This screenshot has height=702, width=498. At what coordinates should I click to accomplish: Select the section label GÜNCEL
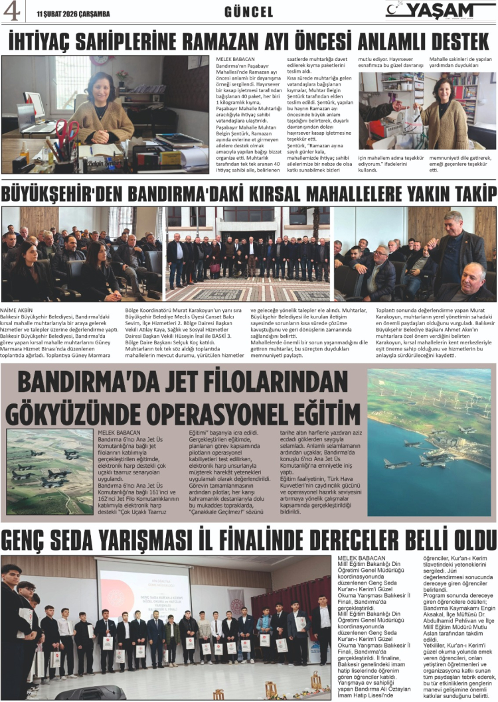tap(249, 12)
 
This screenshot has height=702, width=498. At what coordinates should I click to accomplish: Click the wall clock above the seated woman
tap(102, 60)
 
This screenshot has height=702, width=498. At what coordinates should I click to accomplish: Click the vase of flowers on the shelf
tap(122, 79)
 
